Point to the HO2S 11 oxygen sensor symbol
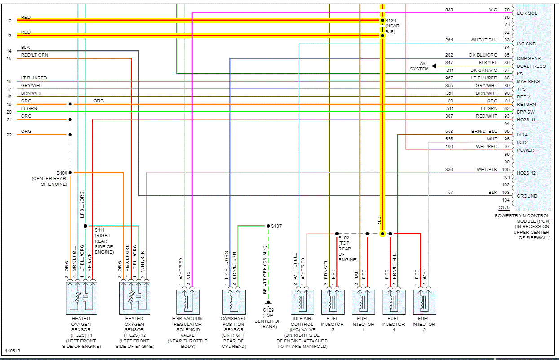81,299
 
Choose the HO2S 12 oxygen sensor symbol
134,299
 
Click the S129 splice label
392,21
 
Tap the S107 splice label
277,226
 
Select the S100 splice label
62,173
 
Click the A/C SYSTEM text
419,66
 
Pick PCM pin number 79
507,9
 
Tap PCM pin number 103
506,192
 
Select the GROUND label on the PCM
527,196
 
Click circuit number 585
449,9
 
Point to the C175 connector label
504,208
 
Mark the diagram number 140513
13,351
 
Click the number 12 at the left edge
9,21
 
